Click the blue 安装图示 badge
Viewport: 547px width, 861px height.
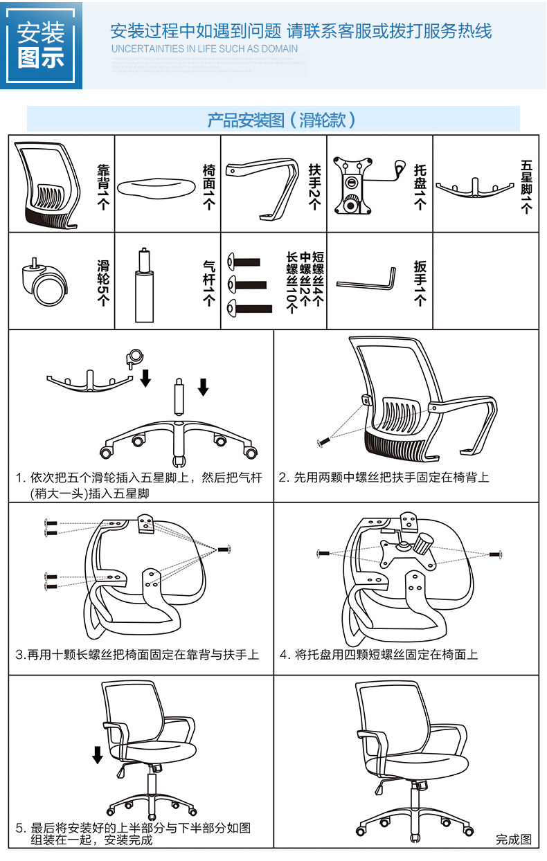[42, 45]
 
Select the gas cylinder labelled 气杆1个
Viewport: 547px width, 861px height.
[144, 284]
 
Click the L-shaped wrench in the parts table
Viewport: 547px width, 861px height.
[367, 281]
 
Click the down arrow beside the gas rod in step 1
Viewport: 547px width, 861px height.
[203, 387]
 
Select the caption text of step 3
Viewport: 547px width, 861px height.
[137, 654]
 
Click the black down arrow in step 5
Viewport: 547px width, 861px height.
[98, 754]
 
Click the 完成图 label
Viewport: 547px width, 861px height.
[513, 840]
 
